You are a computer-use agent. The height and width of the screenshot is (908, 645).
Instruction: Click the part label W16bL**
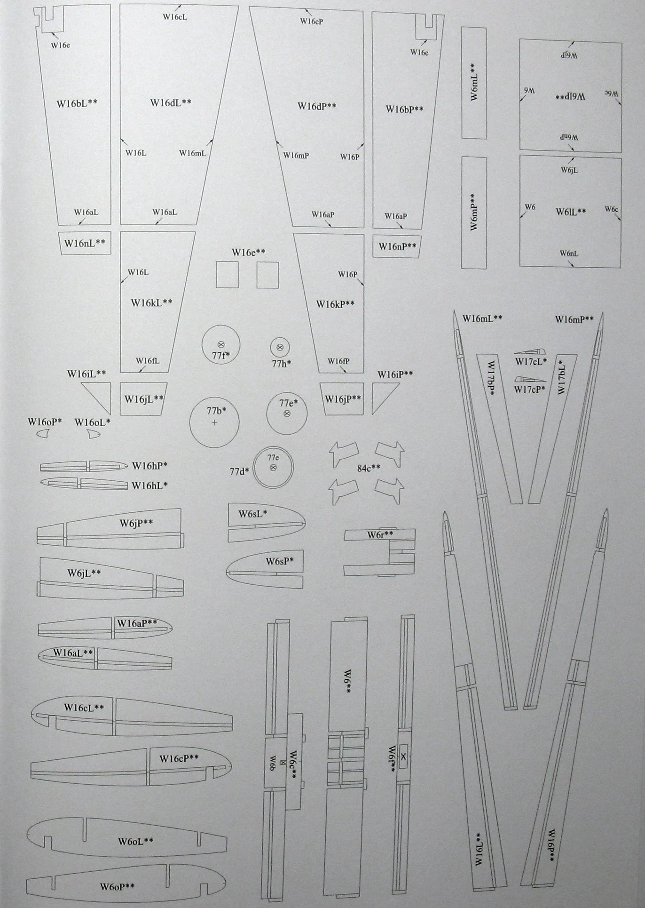(77, 104)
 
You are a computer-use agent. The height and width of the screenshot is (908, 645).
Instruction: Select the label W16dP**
(317, 106)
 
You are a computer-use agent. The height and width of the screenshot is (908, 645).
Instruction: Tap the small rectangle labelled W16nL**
(85, 243)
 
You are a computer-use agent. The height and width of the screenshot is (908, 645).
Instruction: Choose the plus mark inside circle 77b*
(214, 422)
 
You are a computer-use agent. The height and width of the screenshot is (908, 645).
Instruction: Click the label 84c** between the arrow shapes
(369, 468)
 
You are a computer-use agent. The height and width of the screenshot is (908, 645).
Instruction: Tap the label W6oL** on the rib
(136, 841)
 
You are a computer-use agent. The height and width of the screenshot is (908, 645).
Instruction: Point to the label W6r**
(380, 535)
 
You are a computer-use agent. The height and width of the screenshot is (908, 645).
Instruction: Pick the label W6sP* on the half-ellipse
(280, 561)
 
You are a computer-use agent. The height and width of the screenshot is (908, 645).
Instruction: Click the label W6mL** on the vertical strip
(473, 82)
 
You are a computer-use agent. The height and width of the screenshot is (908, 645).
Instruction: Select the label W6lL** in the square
(571, 212)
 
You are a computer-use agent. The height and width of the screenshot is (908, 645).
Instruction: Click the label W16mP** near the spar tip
(574, 319)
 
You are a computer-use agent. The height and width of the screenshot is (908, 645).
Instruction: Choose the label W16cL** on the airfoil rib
(84, 707)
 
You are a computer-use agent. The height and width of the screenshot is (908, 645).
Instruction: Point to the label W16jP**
(343, 399)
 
